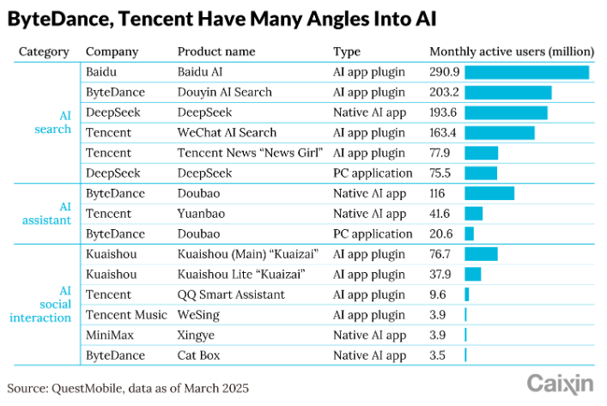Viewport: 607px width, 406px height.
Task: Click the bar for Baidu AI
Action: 526,72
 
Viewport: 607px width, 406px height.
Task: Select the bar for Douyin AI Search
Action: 507,93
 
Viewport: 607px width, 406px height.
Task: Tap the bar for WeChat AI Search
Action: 499,133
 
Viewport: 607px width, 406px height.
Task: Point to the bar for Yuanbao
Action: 473,214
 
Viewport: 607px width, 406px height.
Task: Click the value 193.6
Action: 443,112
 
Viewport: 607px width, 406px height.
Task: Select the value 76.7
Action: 441,254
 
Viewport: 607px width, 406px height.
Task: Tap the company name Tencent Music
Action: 126,315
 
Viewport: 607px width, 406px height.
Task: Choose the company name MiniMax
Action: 111,335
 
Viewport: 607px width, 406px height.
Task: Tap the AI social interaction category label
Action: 40,305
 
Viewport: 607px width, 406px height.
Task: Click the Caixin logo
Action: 559,382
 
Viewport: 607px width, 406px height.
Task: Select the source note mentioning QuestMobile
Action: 129,388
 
